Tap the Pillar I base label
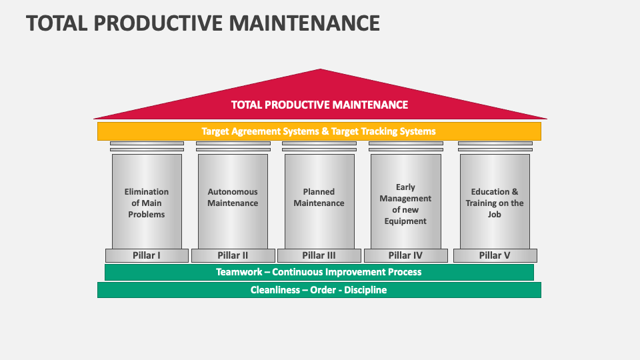(x=147, y=255)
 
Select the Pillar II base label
(x=233, y=255)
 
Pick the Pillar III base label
(x=319, y=255)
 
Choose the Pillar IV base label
(x=405, y=255)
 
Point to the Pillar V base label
(x=495, y=255)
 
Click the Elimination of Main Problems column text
(x=147, y=203)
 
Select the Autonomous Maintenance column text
(x=233, y=197)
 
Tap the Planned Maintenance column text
(x=319, y=197)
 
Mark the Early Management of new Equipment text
(x=405, y=204)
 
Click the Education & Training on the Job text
(x=495, y=203)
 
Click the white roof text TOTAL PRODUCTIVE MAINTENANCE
(x=319, y=105)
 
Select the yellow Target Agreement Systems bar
(x=319, y=131)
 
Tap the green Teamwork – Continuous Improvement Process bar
(x=319, y=272)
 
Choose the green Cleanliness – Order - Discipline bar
(x=319, y=290)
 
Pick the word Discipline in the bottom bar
(x=365, y=290)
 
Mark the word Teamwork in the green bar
(x=238, y=272)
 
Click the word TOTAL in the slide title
(x=57, y=23)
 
